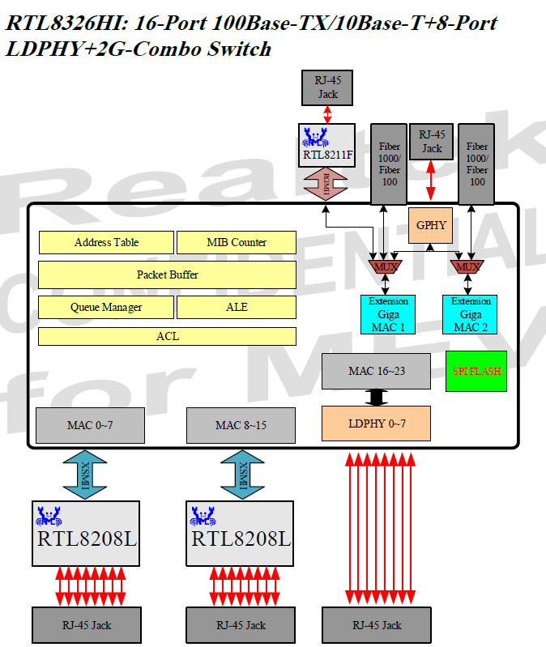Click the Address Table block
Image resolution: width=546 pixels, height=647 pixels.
tap(106, 242)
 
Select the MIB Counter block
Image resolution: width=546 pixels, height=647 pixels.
tap(236, 242)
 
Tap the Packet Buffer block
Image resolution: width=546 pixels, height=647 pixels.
tap(167, 275)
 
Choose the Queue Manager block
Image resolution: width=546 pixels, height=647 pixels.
tap(106, 307)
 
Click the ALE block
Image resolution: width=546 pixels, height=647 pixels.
tap(236, 307)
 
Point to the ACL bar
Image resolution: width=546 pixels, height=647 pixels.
tap(167, 336)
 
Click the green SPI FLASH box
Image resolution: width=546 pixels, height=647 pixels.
tap(476, 372)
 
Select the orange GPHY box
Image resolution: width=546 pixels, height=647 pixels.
tap(431, 225)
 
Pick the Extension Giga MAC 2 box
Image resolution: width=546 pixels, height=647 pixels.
tap(471, 314)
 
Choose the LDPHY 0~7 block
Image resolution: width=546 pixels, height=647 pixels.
tap(376, 424)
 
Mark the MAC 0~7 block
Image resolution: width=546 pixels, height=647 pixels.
tap(90, 425)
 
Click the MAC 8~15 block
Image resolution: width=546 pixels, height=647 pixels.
tap(241, 425)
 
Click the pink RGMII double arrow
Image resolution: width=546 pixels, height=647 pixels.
tap(326, 185)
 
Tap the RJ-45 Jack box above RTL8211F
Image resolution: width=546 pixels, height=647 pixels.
tap(327, 88)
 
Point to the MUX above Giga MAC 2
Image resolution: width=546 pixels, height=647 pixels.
tap(467, 266)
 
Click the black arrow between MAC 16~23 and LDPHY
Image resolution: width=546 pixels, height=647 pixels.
tap(375, 398)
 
